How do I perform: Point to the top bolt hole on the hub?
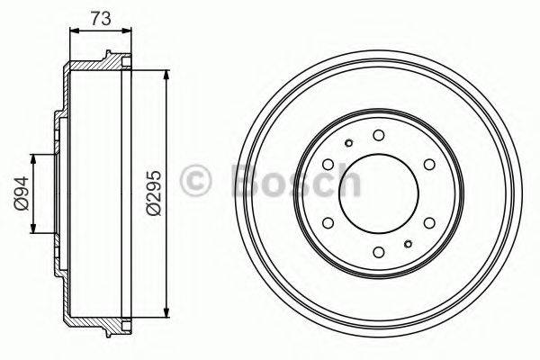pos(378,135)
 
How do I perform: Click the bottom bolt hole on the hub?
pos(378,252)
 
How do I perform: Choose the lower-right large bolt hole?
pos(428,222)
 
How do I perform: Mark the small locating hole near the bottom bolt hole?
pos(408,244)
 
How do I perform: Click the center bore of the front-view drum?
pos(378,193)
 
